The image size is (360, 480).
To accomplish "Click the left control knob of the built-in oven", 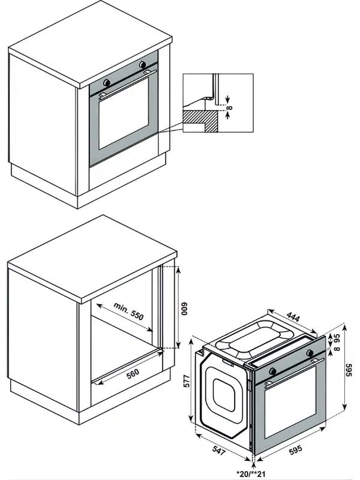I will (107, 81).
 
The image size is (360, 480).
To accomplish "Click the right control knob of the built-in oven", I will (143, 65).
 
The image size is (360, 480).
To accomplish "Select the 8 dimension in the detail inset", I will (229, 109).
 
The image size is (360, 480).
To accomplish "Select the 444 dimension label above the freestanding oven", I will (292, 317).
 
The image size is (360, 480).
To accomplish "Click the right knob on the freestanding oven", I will (311, 353).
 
